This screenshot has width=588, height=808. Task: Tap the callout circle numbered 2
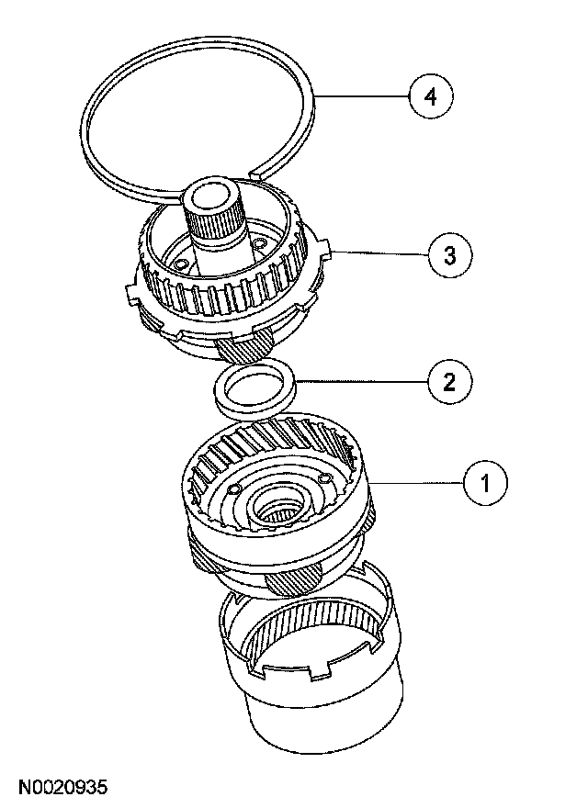448,379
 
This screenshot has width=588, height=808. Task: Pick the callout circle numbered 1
486,480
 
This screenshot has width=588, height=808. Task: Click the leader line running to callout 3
377,253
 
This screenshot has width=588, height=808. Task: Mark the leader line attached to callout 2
358,379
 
